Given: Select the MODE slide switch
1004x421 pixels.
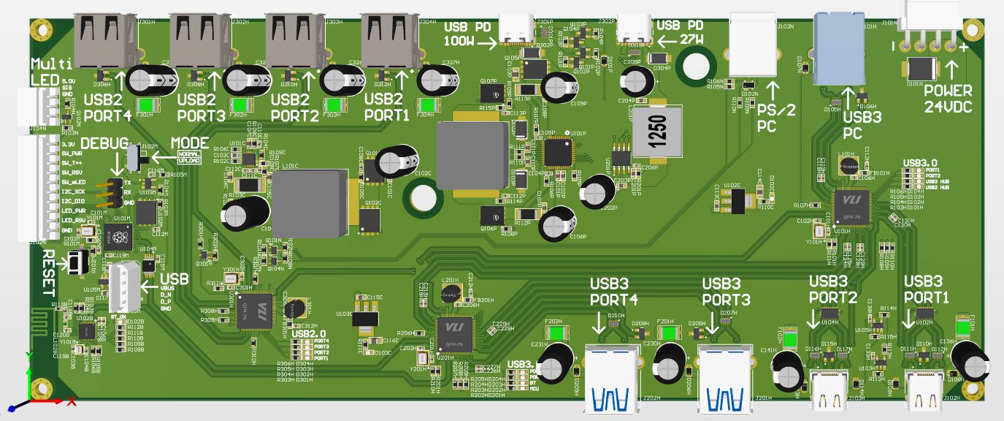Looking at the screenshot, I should click(133, 156).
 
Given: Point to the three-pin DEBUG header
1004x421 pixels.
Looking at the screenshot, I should click(114, 192).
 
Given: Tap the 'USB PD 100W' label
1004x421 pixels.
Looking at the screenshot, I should click(470, 34).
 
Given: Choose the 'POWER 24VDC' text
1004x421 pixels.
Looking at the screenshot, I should click(948, 99).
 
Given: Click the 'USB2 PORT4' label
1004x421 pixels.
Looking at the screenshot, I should click(107, 107).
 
